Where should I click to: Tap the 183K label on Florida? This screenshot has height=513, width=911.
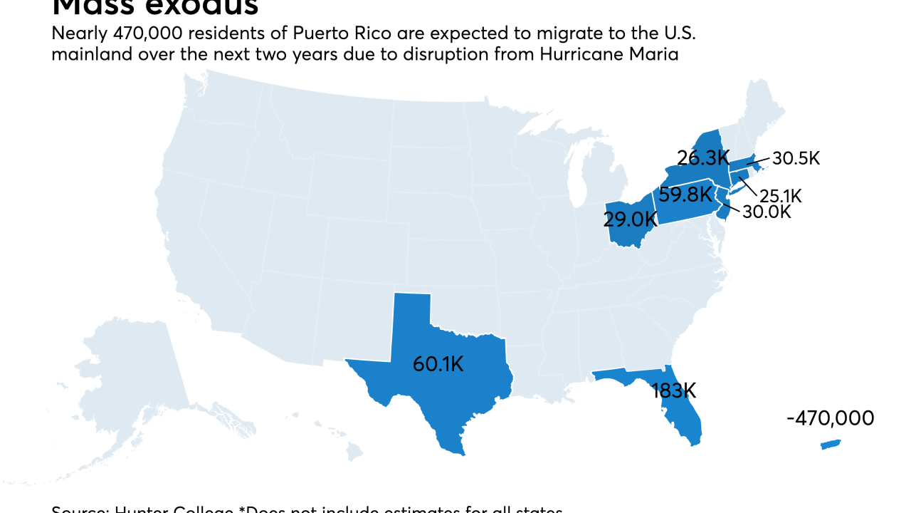pyautogui.click(x=674, y=390)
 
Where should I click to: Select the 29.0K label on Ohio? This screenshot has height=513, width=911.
pyautogui.click(x=629, y=219)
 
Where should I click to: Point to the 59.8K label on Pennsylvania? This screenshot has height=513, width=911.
pyautogui.click(x=685, y=195)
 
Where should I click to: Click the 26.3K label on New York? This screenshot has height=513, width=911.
pyautogui.click(x=703, y=157)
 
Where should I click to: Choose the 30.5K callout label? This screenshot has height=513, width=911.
pyautogui.click(x=796, y=158)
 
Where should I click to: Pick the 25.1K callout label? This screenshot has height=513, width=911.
pyautogui.click(x=781, y=196)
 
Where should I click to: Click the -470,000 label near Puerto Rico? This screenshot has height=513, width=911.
pyautogui.click(x=830, y=418)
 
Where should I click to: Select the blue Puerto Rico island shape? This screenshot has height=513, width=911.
pyautogui.click(x=831, y=445)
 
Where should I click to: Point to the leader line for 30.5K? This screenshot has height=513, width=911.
pyautogui.click(x=757, y=162)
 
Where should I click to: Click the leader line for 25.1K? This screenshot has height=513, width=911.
pyautogui.click(x=747, y=184)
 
